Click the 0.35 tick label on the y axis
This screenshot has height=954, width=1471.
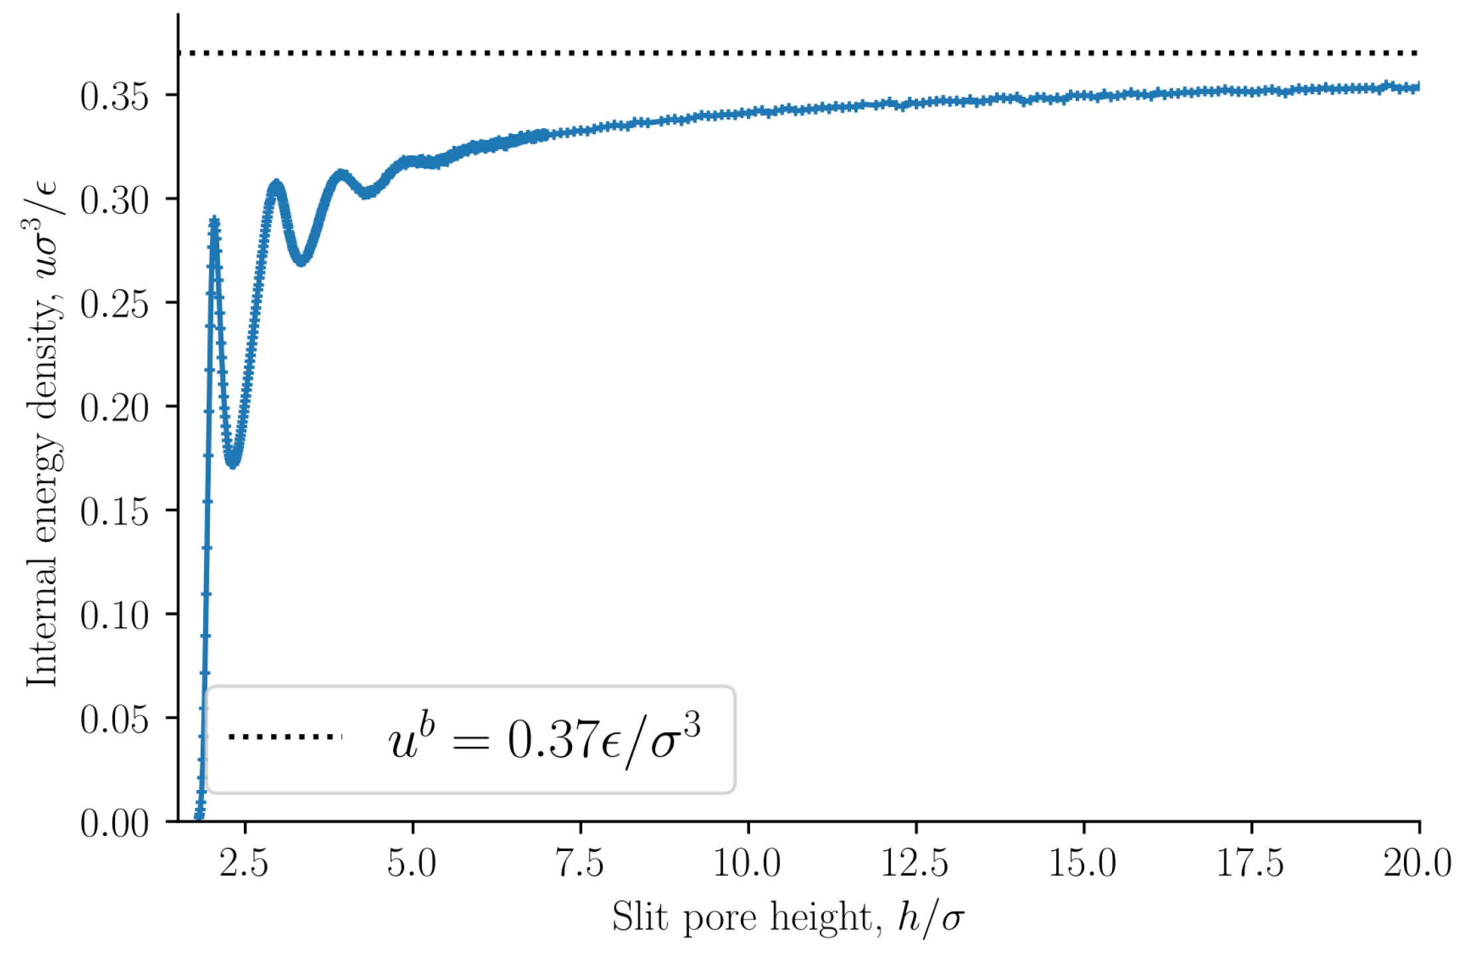coord(114,96)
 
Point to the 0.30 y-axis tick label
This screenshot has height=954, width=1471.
coord(114,200)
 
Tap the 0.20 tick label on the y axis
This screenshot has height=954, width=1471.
coord(114,408)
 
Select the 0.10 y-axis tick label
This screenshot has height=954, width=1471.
coord(114,615)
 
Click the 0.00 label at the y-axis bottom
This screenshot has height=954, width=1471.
coord(114,823)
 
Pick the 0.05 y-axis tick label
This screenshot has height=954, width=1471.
coord(114,719)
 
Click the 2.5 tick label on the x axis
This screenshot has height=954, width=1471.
coord(245,864)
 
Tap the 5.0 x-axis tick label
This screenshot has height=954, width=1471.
coord(412,864)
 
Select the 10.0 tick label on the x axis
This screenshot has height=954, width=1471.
coord(747,864)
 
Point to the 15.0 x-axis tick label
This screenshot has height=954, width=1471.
coord(1083,864)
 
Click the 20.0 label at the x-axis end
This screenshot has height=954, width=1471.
coord(1418,864)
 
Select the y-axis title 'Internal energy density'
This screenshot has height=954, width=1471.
coord(41,435)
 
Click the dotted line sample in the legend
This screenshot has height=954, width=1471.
coord(285,736)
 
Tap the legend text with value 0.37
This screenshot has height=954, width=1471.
coord(544,739)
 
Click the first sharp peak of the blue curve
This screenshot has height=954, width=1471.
coord(214,222)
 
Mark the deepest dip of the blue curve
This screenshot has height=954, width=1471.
coord(233,463)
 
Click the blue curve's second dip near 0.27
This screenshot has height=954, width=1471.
coord(302,261)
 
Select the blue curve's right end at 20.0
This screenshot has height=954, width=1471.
coord(1417,87)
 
